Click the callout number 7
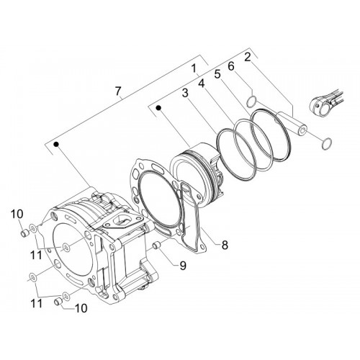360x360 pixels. click(118, 91)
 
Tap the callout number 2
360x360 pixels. click(248, 58)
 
